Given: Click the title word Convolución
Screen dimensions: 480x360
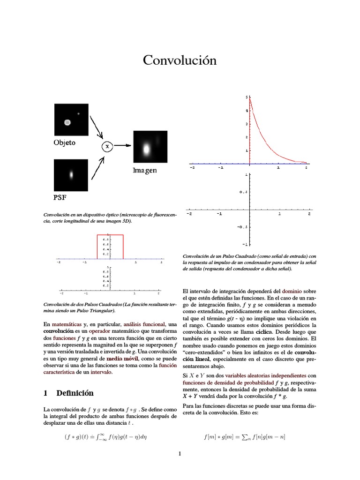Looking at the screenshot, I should click(180, 60).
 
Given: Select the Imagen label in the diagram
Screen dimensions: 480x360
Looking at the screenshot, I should click(144, 171).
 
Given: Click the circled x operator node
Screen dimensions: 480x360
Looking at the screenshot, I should click(107, 146).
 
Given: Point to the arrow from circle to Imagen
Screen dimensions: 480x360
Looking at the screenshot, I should click(122, 145).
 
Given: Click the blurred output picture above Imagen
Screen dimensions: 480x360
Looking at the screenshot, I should click(150, 147).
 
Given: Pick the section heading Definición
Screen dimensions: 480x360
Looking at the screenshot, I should click(75, 393).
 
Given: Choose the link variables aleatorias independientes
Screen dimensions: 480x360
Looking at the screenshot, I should click(266, 375).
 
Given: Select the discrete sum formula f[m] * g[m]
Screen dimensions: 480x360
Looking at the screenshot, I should click(244, 437).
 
